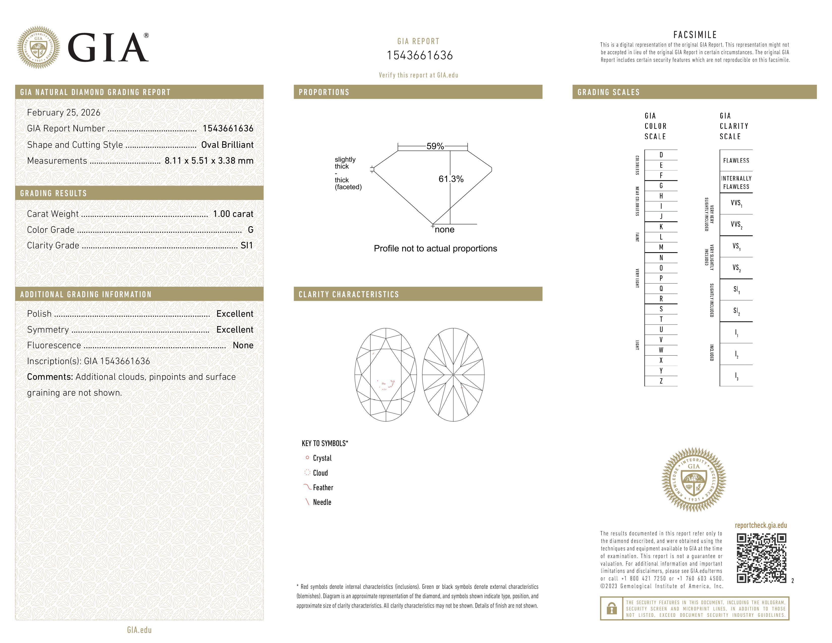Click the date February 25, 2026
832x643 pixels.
64,113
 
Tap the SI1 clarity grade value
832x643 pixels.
247,246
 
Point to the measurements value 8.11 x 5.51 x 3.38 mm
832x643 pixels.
209,161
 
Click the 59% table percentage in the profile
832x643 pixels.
435,146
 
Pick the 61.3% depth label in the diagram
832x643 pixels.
451,179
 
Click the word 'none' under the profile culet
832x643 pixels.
444,230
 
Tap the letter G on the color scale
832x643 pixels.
661,186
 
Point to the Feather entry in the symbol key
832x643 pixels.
323,488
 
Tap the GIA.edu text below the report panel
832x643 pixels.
139,630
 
